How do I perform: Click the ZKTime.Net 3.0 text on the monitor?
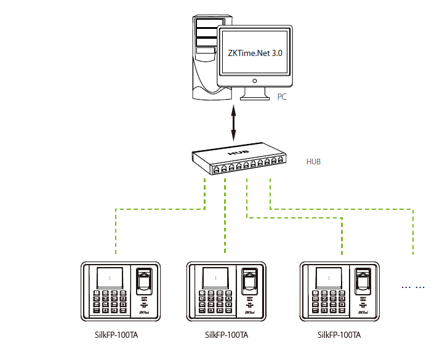254,54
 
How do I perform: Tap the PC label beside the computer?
282,97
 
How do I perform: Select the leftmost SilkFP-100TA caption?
113,335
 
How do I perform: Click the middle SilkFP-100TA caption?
226,335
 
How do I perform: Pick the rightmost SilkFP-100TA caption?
339,335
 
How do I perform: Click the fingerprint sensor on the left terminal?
143,282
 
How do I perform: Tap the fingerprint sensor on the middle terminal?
249,282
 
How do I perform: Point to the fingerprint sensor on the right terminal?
362,282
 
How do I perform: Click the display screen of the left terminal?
109,278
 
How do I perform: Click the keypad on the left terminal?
110,302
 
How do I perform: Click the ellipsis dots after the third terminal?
413,287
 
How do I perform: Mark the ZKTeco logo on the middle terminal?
249,312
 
